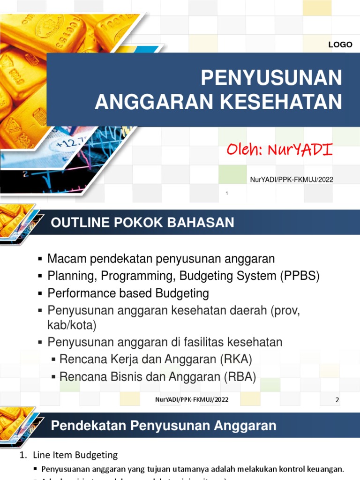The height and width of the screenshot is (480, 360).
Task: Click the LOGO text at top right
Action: pos(340,45)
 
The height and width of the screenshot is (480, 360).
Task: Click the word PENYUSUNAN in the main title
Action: pos(271,78)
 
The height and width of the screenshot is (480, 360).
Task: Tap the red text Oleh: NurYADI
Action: pos(279,150)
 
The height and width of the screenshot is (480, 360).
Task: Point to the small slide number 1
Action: pos(226,194)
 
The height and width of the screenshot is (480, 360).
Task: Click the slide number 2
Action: pos(337,400)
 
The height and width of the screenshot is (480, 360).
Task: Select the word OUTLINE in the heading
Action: pos(76,223)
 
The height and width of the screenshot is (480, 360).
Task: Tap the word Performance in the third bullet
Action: pos(78,294)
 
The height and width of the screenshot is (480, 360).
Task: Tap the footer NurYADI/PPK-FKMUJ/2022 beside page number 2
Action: pos(191,399)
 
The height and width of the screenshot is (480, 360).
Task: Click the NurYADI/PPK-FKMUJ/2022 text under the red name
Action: pos(292,180)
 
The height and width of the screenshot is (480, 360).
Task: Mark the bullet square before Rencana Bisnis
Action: pos(54,377)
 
